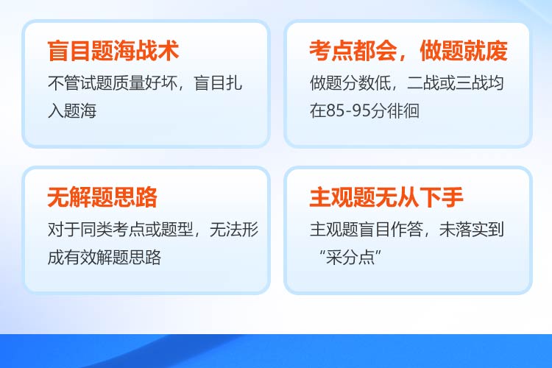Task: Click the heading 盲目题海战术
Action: (113, 51)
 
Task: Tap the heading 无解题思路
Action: (102, 197)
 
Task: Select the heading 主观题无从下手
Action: (386, 197)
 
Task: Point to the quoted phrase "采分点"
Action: (350, 258)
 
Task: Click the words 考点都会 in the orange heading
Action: (353, 51)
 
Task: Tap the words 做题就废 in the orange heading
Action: (464, 51)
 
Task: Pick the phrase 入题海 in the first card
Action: (72, 110)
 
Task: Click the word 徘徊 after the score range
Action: (403, 110)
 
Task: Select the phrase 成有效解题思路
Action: (105, 258)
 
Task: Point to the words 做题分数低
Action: (350, 83)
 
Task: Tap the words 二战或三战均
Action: (455, 83)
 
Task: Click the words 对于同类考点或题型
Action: (121, 230)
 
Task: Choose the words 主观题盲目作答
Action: (367, 230)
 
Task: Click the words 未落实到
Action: (471, 230)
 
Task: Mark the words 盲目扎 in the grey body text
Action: (218, 83)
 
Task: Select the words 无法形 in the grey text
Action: (234, 230)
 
